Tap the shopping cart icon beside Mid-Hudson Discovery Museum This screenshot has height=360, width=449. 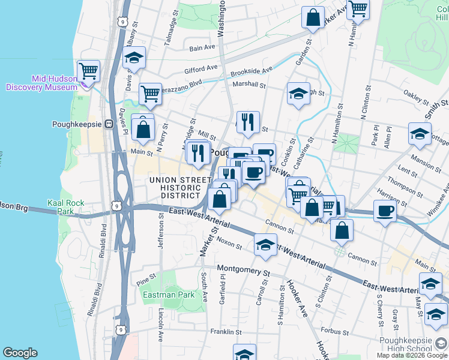point(89,71)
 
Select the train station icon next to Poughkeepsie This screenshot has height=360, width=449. point(109,124)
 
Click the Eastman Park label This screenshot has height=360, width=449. point(169,295)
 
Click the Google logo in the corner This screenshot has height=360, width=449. point(20,353)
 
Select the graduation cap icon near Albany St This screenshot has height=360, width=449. point(134,58)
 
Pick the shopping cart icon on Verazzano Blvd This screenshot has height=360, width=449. point(149,94)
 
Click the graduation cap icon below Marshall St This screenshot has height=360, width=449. point(298,94)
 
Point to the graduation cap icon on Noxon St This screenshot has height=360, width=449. point(265,245)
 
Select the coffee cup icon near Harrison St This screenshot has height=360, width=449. point(385,211)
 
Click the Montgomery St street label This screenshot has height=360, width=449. point(241,268)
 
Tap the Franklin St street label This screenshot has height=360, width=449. point(226,332)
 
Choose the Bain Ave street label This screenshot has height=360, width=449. point(202,48)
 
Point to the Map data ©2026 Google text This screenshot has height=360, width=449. point(411,355)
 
